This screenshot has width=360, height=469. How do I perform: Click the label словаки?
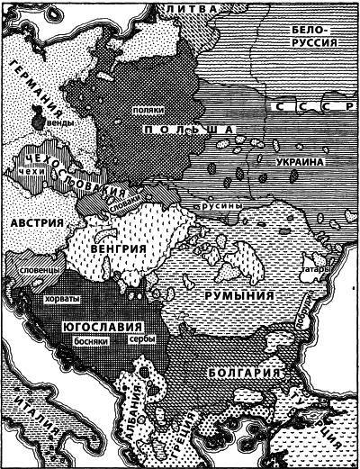105,205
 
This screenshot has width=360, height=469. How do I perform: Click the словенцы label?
35,268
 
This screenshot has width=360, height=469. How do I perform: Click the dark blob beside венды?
38,118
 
